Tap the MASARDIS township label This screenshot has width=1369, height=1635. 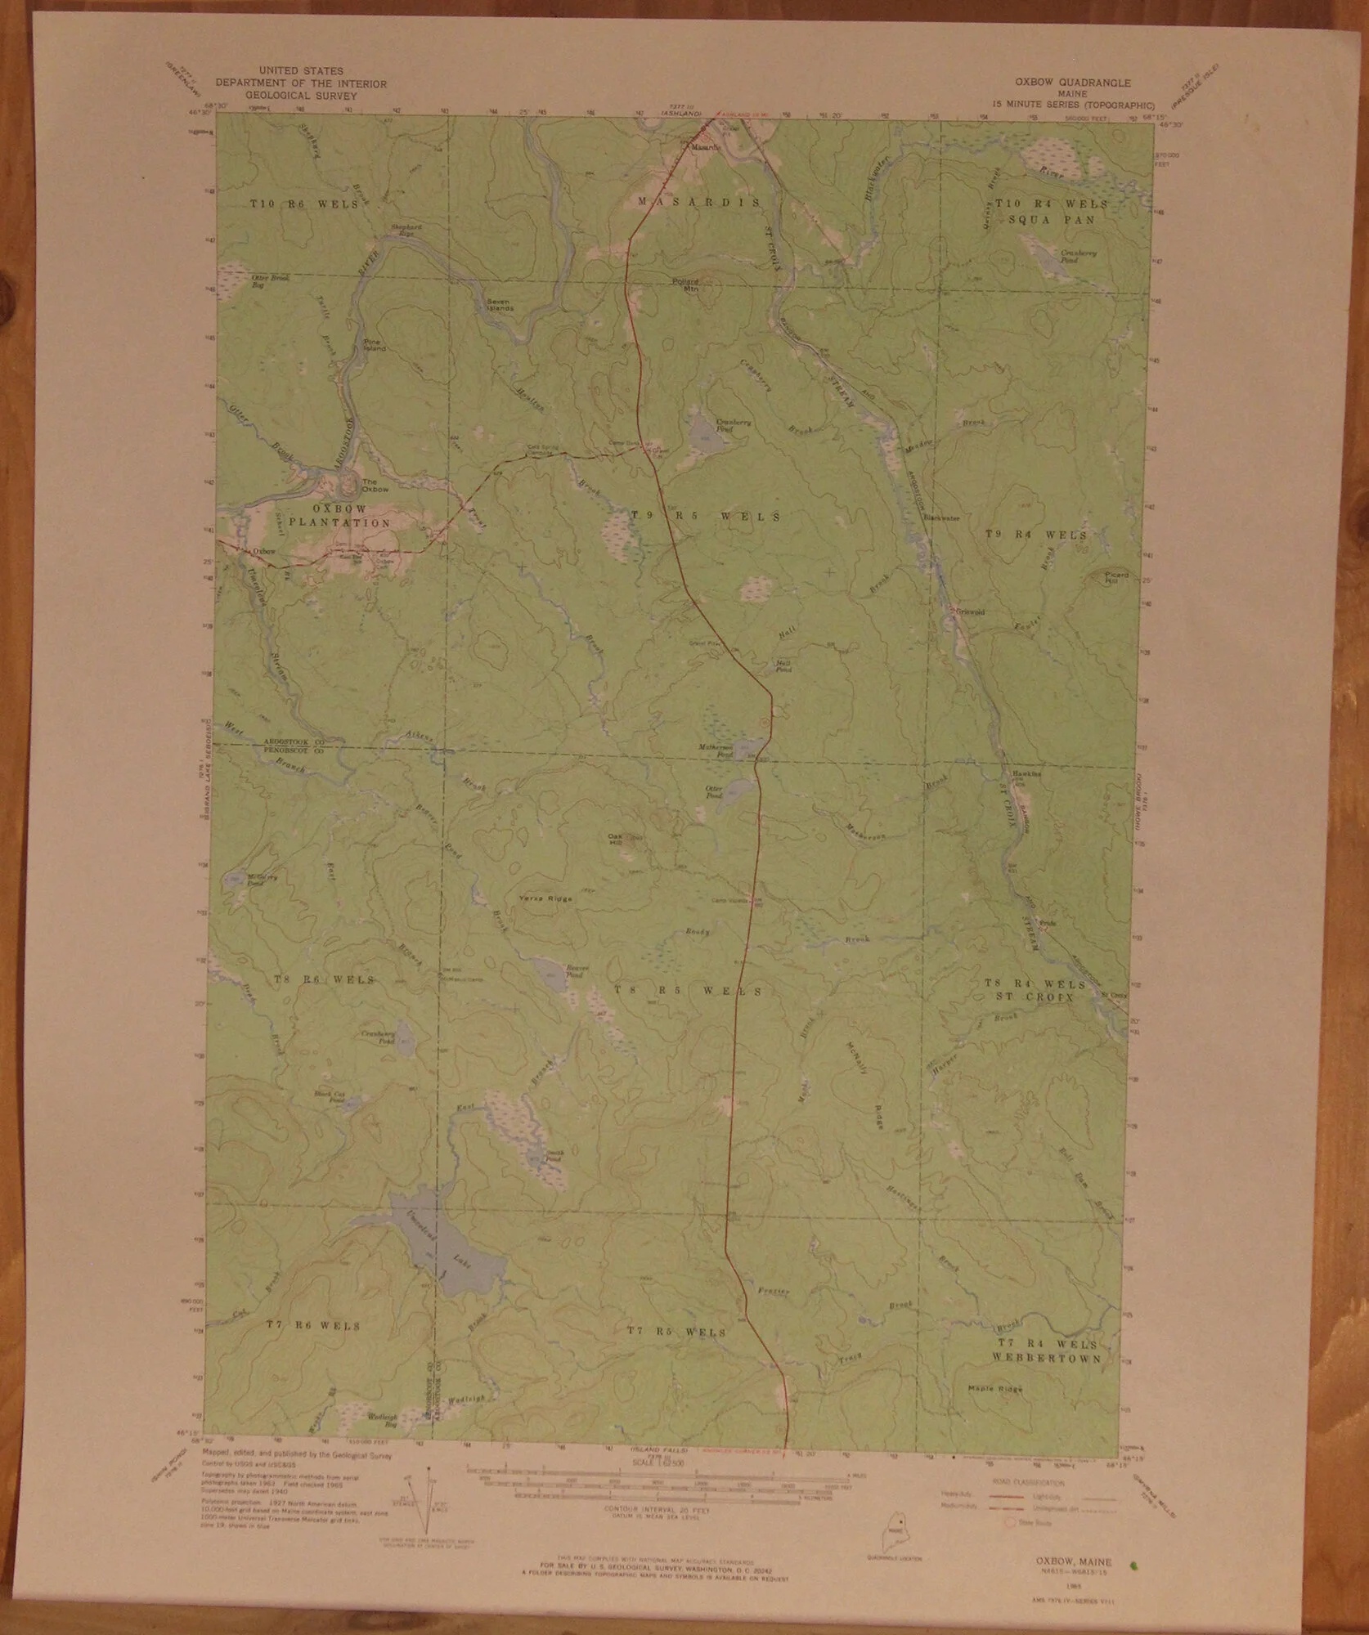(x=698, y=202)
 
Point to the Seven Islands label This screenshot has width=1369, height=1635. (x=500, y=305)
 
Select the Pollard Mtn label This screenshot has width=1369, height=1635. (x=685, y=285)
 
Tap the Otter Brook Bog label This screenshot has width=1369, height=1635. (x=270, y=280)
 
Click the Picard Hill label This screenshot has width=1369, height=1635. (x=1116, y=577)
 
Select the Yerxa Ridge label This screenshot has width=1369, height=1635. (x=545, y=898)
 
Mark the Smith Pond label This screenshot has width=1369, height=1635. (x=554, y=1158)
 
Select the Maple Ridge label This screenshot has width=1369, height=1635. (x=995, y=1388)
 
